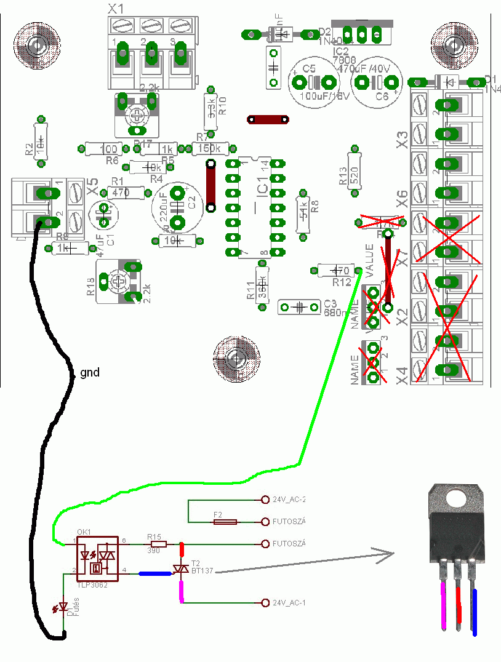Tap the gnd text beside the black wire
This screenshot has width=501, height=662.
(x=89, y=373)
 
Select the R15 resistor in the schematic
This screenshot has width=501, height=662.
(x=158, y=544)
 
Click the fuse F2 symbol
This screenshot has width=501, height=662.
(x=225, y=522)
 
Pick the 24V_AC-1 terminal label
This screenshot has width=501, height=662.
(x=289, y=603)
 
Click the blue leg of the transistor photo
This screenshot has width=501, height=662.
(x=476, y=612)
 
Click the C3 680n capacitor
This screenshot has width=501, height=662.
(x=299, y=306)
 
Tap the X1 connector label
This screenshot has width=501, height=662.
(x=115, y=9)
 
